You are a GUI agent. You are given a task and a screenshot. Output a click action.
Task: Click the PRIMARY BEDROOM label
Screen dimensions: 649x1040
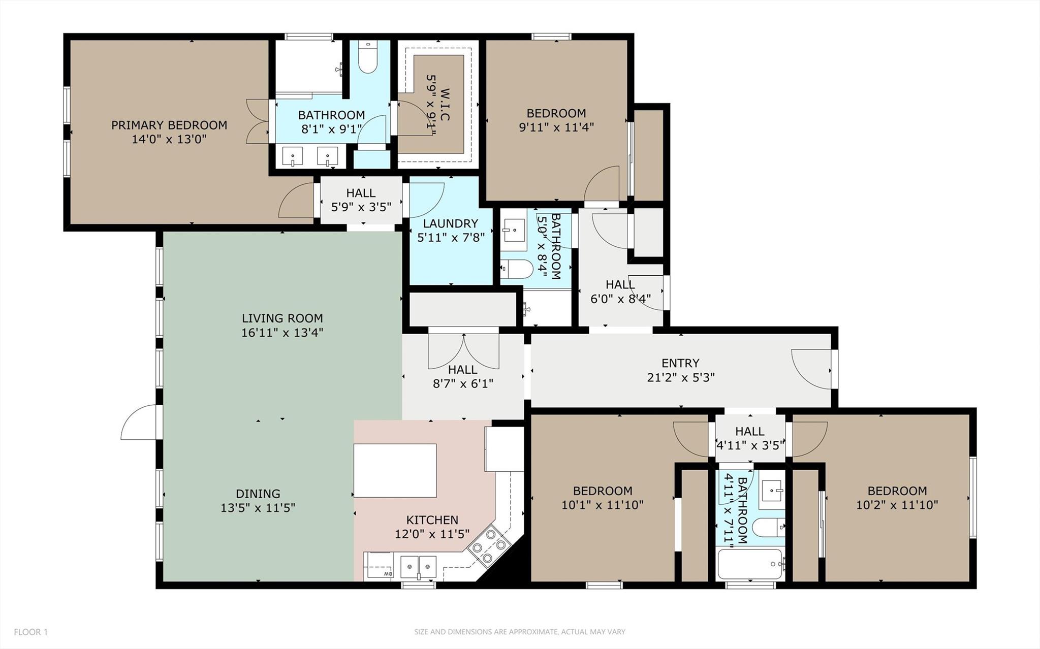pyautogui.click(x=169, y=125)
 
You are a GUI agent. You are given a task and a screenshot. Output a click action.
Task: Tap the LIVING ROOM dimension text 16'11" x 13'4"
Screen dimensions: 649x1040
pyautogui.click(x=282, y=333)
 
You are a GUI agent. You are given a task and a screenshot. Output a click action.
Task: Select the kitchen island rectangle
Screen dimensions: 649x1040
pyautogui.click(x=395, y=470)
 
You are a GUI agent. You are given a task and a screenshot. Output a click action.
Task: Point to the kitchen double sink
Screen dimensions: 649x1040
pyautogui.click(x=418, y=566)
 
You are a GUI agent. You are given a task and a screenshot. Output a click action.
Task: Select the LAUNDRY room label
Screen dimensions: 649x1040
pyautogui.click(x=451, y=223)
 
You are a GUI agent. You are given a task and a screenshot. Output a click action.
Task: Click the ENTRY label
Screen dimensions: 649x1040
pyautogui.click(x=680, y=363)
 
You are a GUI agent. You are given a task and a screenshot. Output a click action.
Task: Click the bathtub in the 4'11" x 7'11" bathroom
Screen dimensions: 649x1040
pyautogui.click(x=751, y=564)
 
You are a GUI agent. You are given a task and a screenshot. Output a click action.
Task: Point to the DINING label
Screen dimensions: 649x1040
pyautogui.click(x=258, y=494)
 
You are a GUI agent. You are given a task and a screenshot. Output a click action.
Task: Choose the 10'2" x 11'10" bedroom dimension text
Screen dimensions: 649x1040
pyautogui.click(x=897, y=505)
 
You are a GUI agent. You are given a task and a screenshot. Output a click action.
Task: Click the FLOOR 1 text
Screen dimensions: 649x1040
pyautogui.click(x=30, y=632)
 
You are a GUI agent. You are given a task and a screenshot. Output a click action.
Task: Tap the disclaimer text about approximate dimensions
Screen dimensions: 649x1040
pyautogui.click(x=519, y=632)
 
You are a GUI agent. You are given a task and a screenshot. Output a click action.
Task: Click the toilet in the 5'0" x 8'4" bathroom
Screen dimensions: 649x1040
pyautogui.click(x=517, y=267)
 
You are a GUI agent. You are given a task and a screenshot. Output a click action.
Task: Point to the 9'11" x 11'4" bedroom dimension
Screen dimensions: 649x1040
pyautogui.click(x=556, y=127)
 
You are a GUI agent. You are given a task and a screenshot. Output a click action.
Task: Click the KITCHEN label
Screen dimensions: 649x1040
pyautogui.click(x=432, y=520)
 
